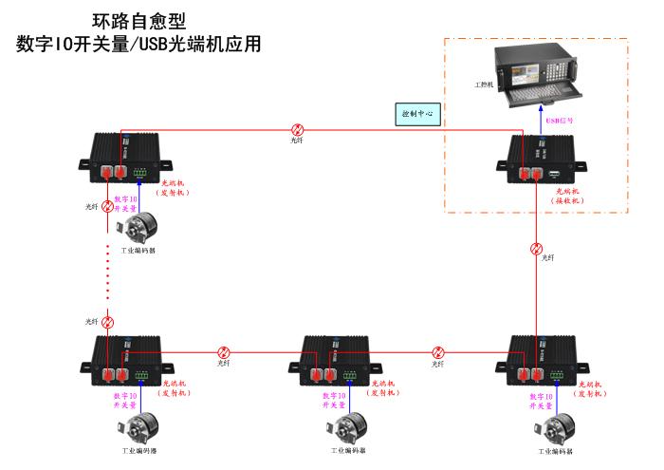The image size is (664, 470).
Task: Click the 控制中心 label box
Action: click(x=417, y=113)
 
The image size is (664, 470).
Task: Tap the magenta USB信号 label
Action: click(x=561, y=121)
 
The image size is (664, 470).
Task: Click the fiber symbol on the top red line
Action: click(x=297, y=130)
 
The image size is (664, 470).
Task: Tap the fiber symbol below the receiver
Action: click(x=537, y=250)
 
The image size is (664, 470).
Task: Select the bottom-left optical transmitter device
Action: click(x=127, y=358)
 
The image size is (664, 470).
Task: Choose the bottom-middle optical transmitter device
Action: click(x=336, y=358)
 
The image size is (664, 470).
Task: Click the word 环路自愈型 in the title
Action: click(x=138, y=19)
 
